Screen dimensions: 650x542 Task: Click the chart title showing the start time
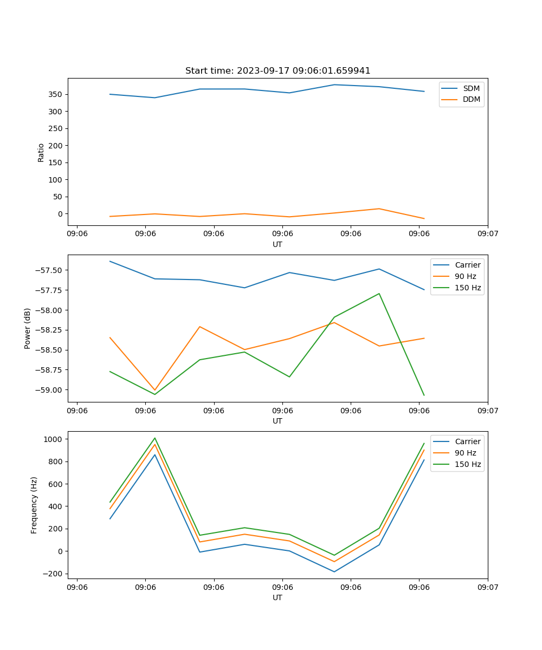278,71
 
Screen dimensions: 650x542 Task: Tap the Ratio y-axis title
41,152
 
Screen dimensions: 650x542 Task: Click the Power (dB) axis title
28,328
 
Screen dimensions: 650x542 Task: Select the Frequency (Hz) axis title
34,505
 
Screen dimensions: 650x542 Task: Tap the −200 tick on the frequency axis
54,574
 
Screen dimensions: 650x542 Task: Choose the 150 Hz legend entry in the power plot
468,288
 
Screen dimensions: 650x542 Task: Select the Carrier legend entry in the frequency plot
467,441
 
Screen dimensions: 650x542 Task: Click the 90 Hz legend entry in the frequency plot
466,453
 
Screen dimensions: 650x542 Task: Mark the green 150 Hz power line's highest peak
379,294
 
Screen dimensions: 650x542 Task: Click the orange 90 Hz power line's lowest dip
155,390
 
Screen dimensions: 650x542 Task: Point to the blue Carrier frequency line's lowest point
334,571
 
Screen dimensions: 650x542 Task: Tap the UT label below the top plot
278,244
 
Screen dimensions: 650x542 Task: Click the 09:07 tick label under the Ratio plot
488,234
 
